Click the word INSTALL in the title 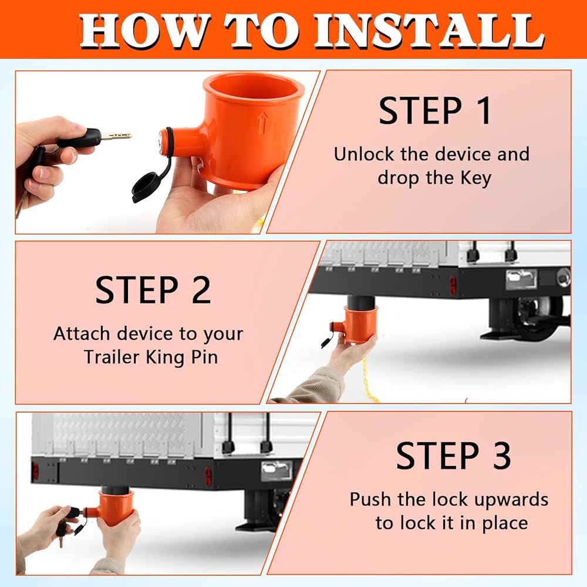click(x=430, y=32)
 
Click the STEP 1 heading click(x=434, y=111)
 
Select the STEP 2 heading click(x=153, y=290)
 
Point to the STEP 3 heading click(x=453, y=456)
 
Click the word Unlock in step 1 click(x=364, y=154)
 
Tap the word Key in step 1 click(x=475, y=178)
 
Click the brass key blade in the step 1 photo click(x=117, y=136)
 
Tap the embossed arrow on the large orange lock click(x=263, y=123)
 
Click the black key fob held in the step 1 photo click(x=79, y=137)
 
